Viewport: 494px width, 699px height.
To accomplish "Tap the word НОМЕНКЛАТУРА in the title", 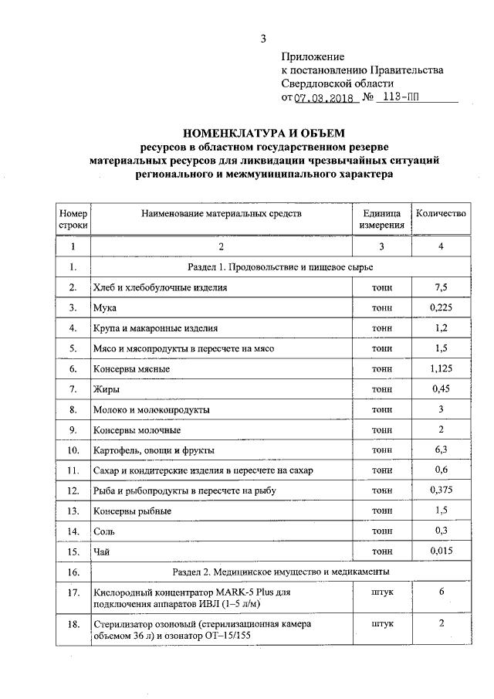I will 236,133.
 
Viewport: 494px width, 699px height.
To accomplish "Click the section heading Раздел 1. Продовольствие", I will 280,267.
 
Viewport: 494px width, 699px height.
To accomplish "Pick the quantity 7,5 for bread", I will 441,287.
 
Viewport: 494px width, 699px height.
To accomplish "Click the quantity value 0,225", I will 441,307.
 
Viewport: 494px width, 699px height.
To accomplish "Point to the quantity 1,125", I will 441,368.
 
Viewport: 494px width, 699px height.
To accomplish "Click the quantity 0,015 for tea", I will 441,551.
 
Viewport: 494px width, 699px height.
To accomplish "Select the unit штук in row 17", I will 381,591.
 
